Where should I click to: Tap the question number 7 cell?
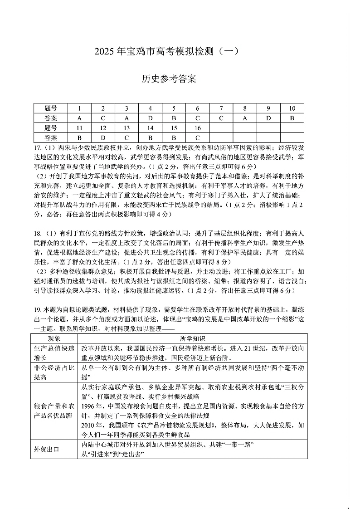221,108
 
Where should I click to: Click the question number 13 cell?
127,128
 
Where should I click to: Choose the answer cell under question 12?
103,137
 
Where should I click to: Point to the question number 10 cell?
292,108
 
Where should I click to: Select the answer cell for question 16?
197,137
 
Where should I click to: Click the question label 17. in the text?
38,148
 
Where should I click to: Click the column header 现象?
54,339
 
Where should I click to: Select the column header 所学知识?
192,339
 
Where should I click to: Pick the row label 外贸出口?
47,449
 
